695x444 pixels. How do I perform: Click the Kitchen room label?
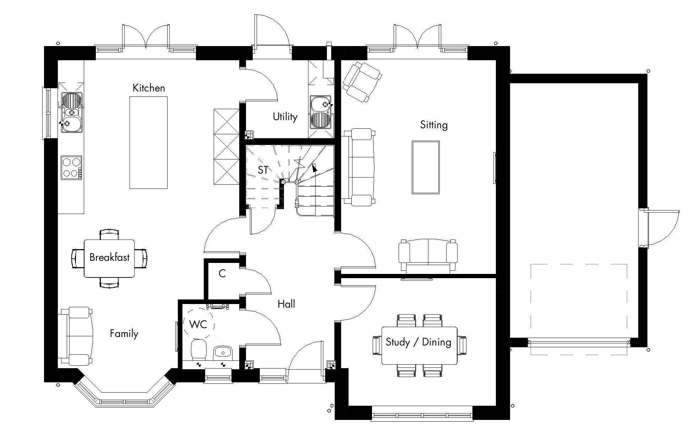tap(149, 88)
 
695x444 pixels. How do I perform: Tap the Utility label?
tap(285, 117)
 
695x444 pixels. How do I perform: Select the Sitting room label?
tap(434, 125)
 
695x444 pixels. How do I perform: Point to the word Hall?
tap(286, 304)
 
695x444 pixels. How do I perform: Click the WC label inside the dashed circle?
tap(198, 324)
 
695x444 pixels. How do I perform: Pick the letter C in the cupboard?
tap(222, 274)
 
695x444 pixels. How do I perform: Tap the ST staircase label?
tap(263, 170)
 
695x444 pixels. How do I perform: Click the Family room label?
tap(124, 334)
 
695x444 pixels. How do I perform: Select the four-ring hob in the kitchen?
tap(71, 168)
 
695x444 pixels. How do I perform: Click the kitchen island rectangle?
tap(148, 142)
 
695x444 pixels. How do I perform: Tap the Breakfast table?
tap(109, 258)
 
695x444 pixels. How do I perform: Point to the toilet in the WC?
tap(198, 349)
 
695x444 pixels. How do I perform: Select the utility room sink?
tap(321, 112)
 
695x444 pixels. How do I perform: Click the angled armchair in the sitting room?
tap(362, 82)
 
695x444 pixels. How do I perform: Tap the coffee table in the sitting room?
tap(426, 167)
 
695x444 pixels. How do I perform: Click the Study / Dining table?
tap(419, 345)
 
